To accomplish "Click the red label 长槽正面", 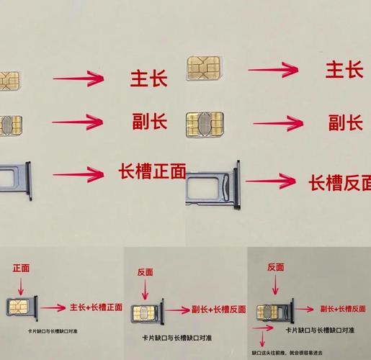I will point(151,171).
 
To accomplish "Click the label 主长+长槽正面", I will point(97,308).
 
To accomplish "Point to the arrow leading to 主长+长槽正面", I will point(53,308).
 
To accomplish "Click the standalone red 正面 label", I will point(21,268).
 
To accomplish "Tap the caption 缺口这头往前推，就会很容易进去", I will point(286,354).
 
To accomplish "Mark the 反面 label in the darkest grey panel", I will point(275,267).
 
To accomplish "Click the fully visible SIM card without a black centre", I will point(203,68).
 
